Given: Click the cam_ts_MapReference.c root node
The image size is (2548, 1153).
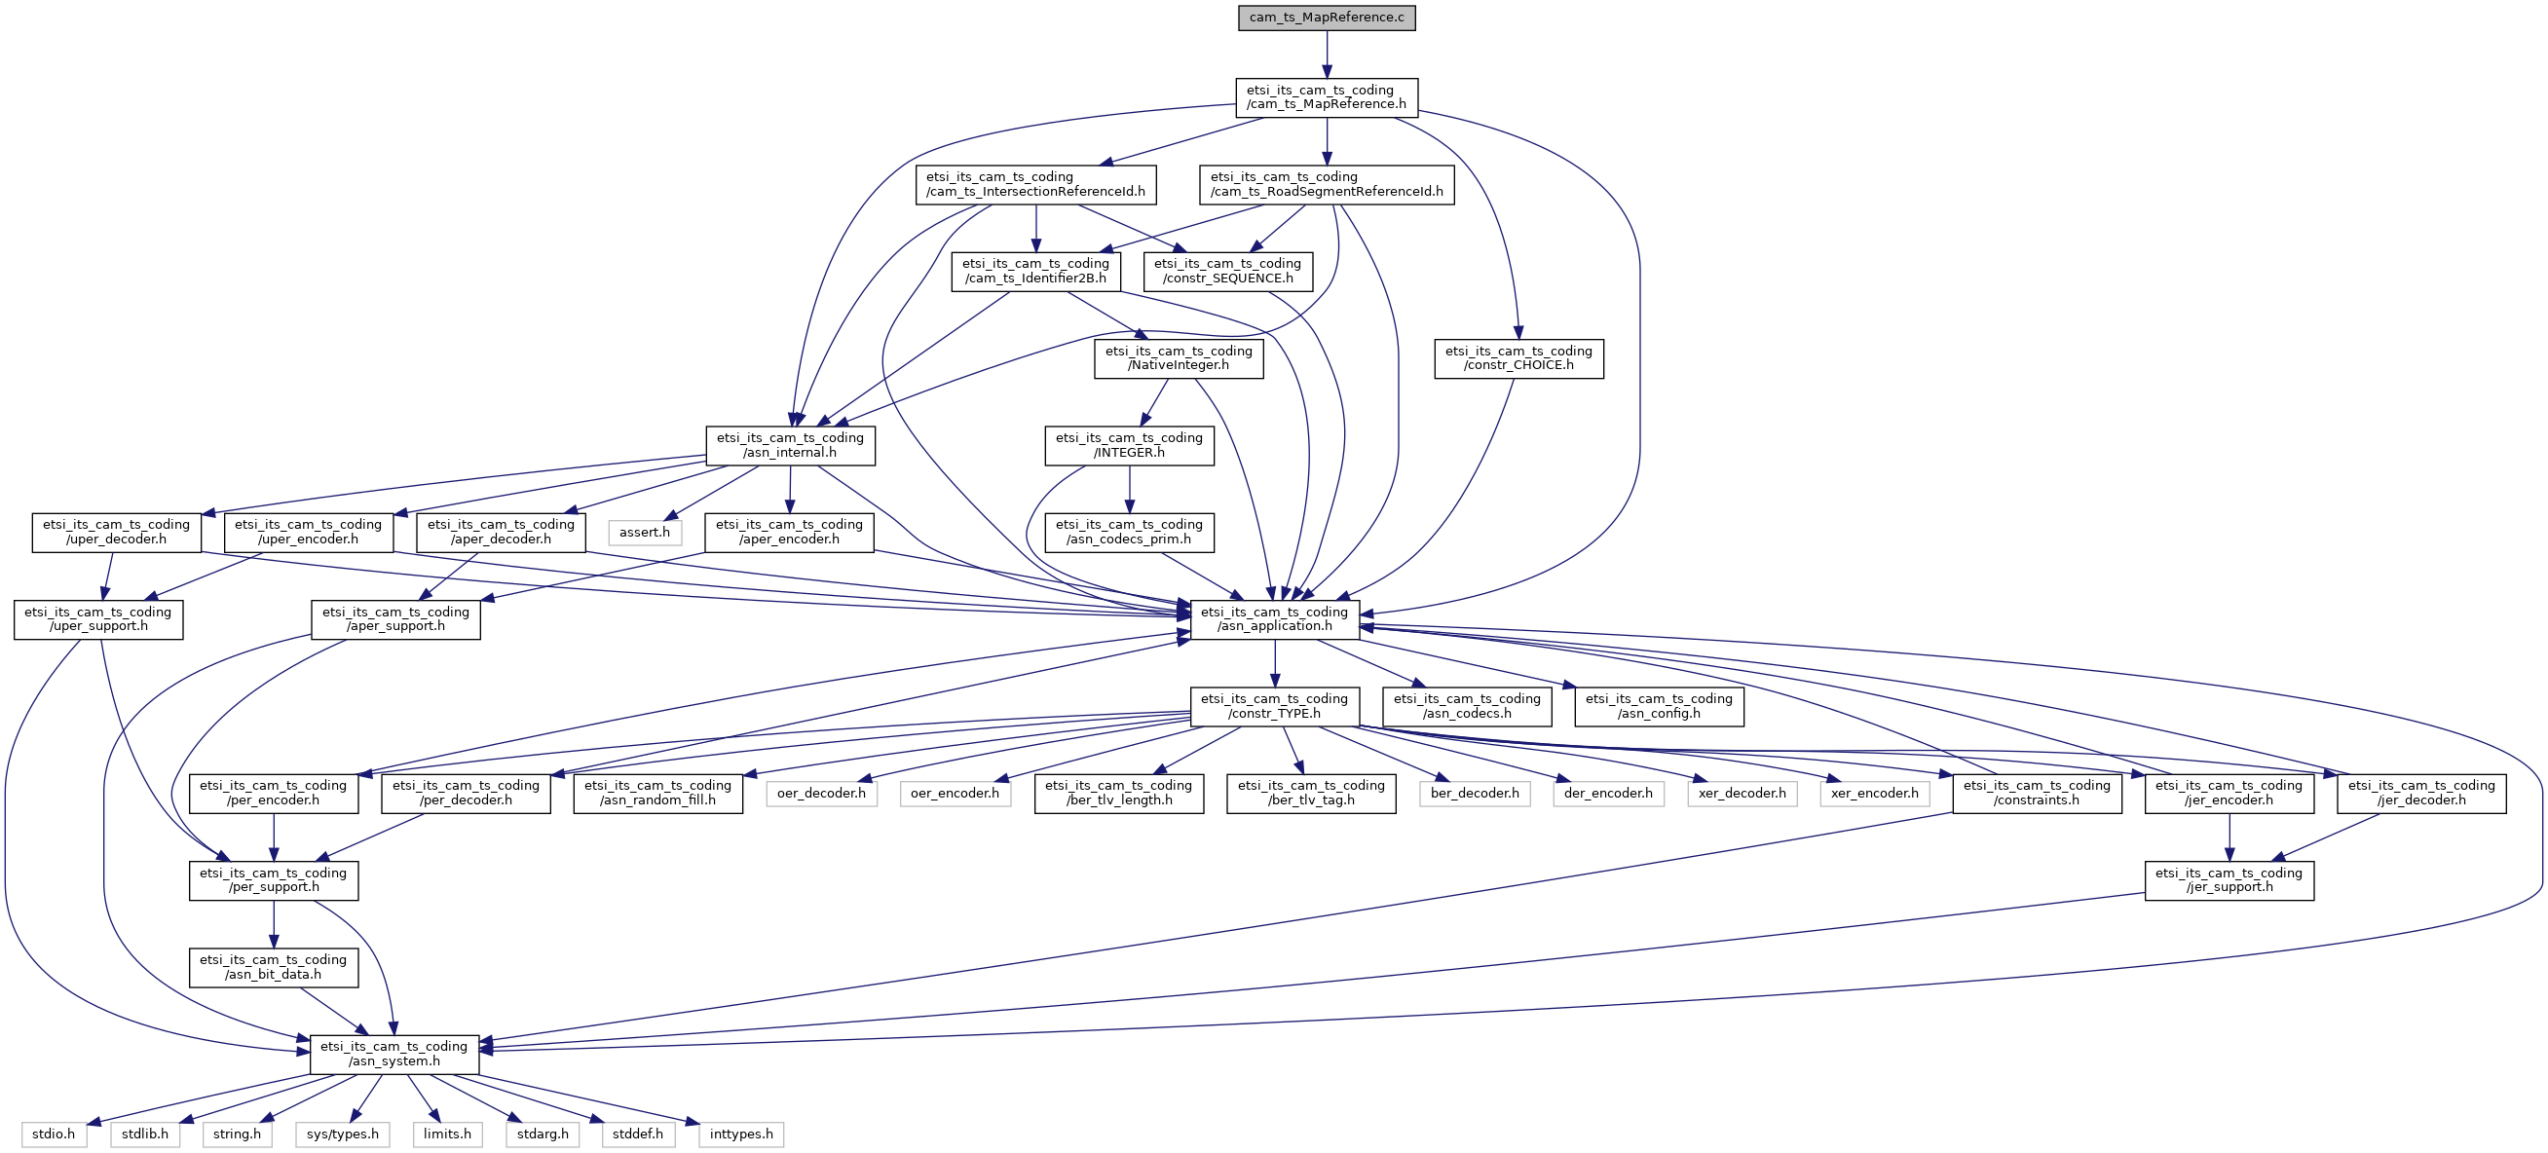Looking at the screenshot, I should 1326,18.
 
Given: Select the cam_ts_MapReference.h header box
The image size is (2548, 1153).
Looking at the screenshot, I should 1326,97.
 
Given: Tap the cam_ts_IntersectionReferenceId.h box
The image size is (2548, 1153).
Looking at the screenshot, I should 1034,184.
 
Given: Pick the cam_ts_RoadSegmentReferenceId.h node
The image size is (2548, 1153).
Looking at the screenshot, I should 1326,184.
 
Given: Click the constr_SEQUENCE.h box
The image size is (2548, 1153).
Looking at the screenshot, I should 1226,271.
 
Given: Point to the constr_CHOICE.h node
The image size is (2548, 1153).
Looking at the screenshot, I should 1518,358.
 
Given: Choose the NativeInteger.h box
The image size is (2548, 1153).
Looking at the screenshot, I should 1177,358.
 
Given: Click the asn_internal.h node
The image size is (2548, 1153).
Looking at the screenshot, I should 789,445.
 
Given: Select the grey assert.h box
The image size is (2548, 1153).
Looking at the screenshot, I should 644,533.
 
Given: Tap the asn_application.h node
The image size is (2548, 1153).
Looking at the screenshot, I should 1274,619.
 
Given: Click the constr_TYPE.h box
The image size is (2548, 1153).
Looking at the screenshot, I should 1274,706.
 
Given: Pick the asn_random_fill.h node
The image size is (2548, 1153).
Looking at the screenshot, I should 656,793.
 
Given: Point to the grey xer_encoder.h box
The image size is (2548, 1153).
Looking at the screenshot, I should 1873,793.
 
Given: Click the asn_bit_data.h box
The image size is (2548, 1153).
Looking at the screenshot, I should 273,967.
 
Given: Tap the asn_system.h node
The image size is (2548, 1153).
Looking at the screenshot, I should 393,1054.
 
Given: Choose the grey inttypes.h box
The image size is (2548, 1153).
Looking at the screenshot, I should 741,1134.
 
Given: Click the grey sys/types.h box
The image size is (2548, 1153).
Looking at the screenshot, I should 342,1134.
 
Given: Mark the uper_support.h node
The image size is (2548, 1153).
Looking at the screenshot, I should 98,619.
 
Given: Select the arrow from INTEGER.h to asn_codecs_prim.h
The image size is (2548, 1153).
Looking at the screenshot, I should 1129,490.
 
